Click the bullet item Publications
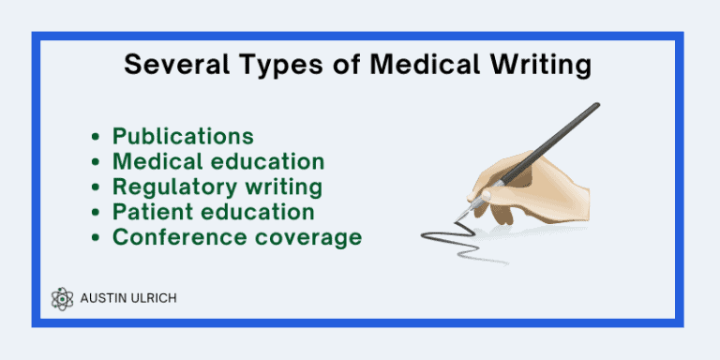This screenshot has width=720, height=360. [x=183, y=137]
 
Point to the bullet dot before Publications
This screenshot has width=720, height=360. [x=97, y=138]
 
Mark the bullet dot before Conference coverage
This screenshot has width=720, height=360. [x=97, y=238]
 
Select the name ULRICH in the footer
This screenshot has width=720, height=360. [x=153, y=298]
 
